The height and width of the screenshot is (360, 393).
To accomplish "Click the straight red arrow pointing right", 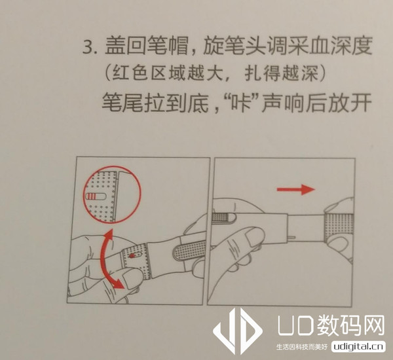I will pos(294,190).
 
